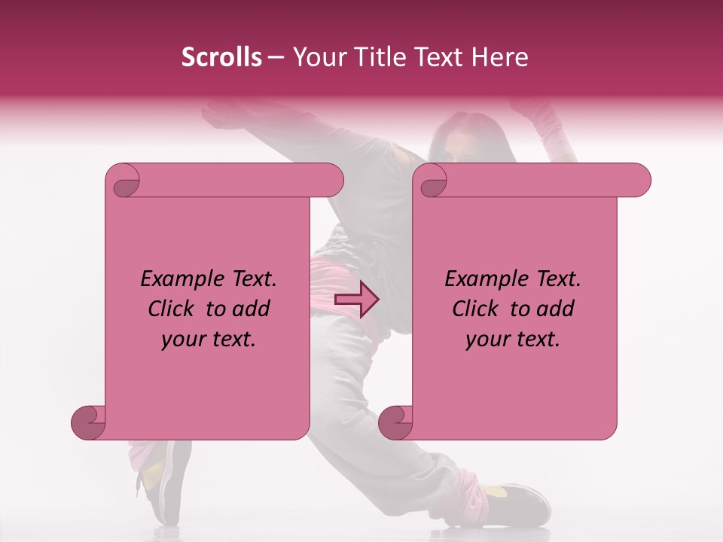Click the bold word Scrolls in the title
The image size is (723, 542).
pos(221,57)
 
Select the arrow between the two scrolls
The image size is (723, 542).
pos(356,300)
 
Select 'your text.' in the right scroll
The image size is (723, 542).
pos(513,340)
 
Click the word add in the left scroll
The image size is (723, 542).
pos(252,309)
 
